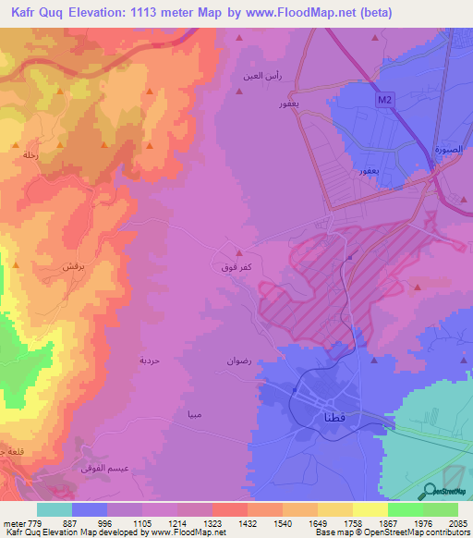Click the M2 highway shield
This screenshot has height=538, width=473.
pyautogui.click(x=384, y=98)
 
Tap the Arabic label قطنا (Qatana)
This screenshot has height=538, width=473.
pyautogui.click(x=310, y=417)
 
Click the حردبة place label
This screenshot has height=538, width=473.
pyautogui.click(x=150, y=360)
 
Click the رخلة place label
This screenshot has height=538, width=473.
pyautogui.click(x=30, y=155)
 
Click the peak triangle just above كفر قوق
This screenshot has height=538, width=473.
pyautogui.click(x=239, y=252)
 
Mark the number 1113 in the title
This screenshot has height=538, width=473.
pyautogui.click(x=163, y=12)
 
